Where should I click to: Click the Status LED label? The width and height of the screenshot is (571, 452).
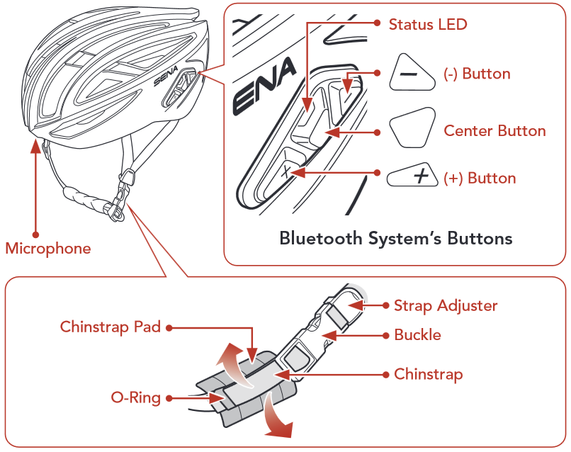click(x=428, y=24)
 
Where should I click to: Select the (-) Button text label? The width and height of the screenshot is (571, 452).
click(x=477, y=74)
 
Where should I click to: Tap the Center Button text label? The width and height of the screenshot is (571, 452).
click(x=494, y=131)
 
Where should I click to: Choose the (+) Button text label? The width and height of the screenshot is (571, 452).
click(x=480, y=178)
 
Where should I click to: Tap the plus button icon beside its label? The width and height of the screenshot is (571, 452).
click(x=413, y=176)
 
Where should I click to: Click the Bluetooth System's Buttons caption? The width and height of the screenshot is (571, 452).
click(x=395, y=238)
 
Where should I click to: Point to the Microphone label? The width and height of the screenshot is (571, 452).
click(x=48, y=249)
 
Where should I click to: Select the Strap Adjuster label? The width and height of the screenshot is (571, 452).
click(x=446, y=306)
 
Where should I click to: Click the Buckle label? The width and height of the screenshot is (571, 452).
click(x=417, y=335)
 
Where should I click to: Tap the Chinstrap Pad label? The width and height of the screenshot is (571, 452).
click(x=111, y=327)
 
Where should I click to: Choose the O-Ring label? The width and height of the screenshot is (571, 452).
click(x=135, y=397)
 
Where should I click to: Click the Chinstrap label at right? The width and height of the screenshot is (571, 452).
click(x=428, y=373)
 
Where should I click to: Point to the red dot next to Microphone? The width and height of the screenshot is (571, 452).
click(x=35, y=233)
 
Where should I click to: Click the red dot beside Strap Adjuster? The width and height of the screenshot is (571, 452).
click(x=386, y=306)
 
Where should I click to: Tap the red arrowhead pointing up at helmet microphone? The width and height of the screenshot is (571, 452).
click(x=35, y=145)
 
